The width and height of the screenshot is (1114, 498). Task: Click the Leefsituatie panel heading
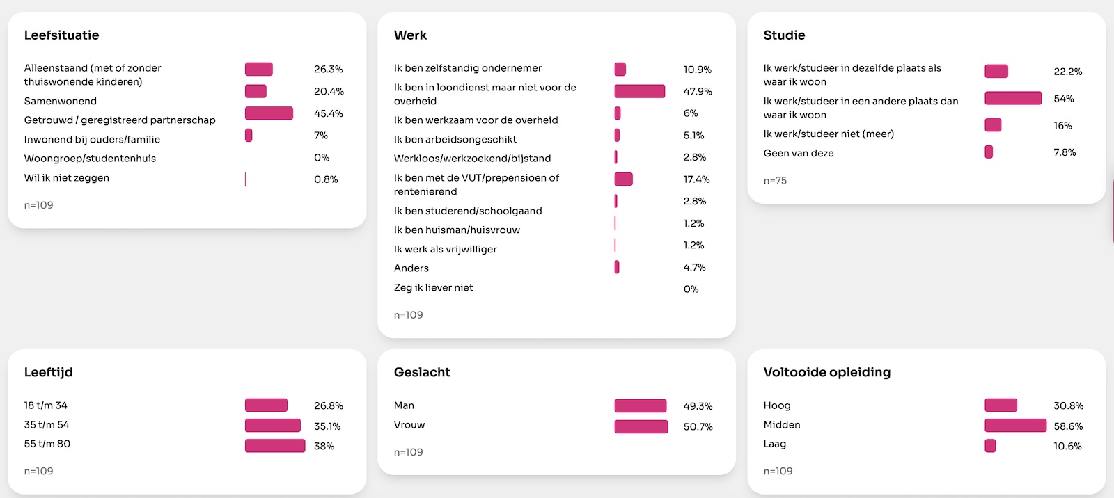click(61, 35)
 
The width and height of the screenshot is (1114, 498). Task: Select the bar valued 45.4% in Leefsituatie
click(269, 113)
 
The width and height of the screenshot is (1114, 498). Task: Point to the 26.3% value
click(328, 70)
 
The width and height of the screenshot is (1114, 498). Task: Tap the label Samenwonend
click(61, 101)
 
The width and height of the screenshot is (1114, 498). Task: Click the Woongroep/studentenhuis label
click(90, 159)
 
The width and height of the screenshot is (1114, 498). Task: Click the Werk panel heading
click(410, 35)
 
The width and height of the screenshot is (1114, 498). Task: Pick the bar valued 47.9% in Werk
click(639, 91)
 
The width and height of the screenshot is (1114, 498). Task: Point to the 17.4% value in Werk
click(696, 179)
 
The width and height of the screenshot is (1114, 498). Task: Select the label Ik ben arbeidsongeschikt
click(455, 139)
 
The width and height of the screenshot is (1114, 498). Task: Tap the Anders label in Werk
click(411, 268)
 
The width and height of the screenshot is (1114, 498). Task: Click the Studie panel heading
click(784, 35)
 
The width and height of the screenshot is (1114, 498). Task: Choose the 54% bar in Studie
click(1013, 98)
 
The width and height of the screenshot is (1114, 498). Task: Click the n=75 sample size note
click(775, 181)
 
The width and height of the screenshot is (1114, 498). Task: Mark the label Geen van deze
click(799, 153)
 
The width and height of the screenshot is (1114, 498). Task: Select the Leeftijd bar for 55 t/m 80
click(275, 446)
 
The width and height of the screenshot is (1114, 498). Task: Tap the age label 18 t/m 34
click(46, 405)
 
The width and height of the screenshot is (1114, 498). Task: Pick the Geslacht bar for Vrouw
click(641, 426)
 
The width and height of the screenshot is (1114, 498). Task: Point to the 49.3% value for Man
click(698, 406)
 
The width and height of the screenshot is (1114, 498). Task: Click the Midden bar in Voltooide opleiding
click(1015, 426)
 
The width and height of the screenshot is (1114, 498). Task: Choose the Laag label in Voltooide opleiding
click(775, 444)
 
